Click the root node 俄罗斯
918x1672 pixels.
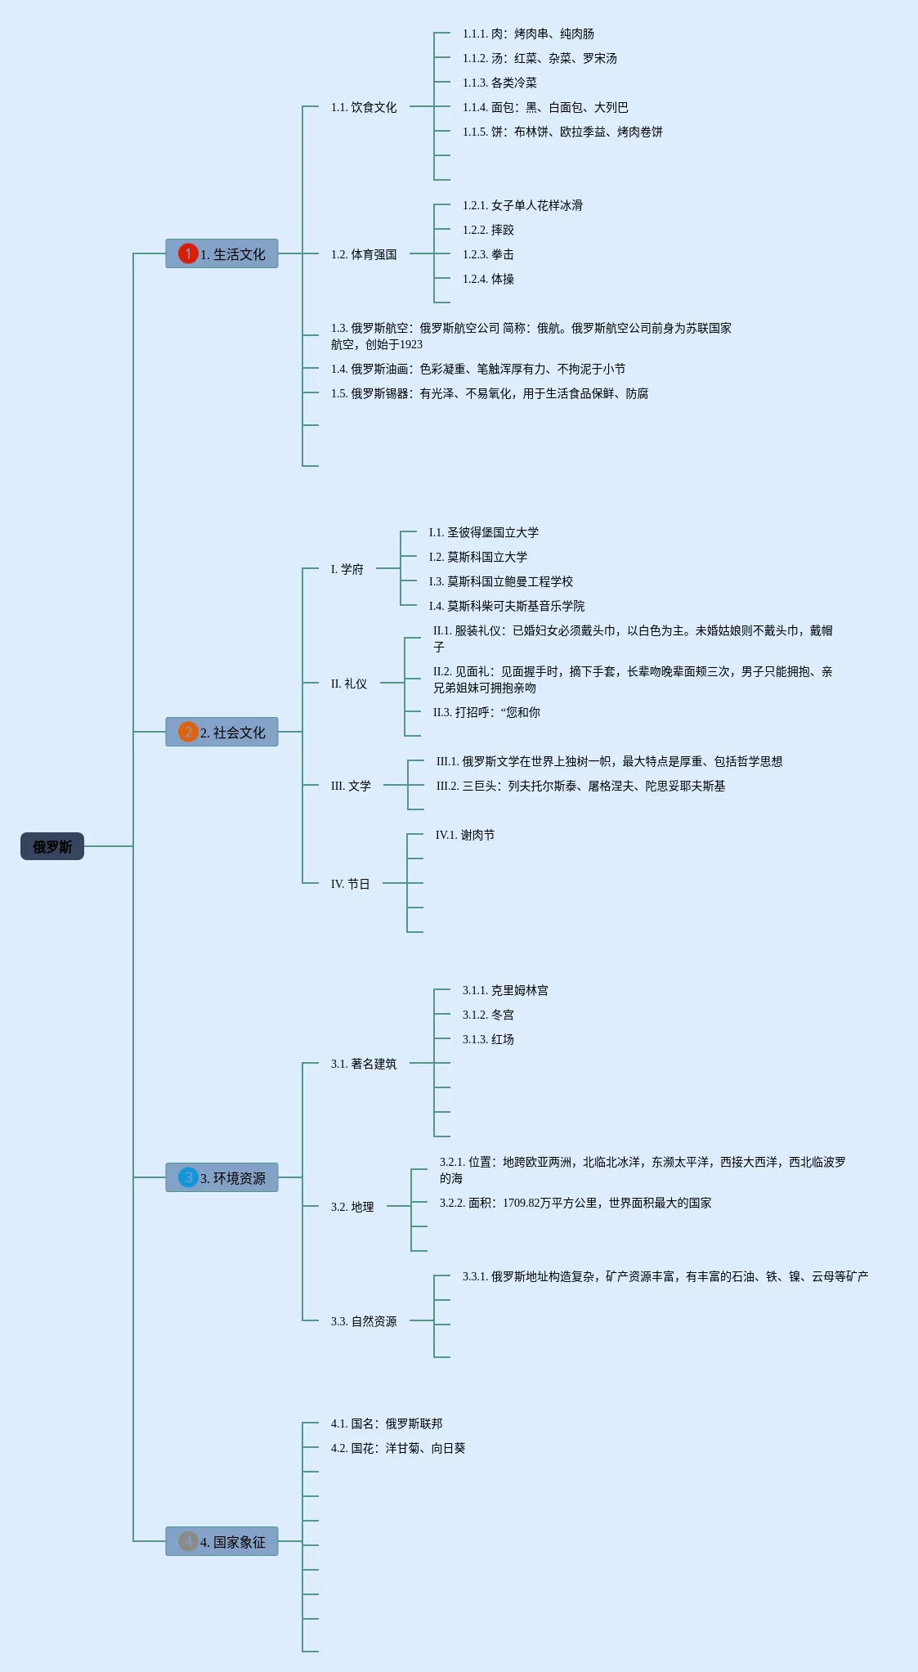(52, 846)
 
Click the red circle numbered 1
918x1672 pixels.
(188, 253)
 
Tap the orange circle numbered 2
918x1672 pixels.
(188, 732)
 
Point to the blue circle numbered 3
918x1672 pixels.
(188, 1177)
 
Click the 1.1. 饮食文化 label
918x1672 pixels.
(364, 107)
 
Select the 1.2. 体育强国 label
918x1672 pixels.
(364, 254)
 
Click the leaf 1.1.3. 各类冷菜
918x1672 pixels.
(499, 83)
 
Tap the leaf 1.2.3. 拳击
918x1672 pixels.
(488, 254)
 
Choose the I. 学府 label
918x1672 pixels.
(347, 569)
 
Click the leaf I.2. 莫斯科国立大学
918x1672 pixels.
(478, 557)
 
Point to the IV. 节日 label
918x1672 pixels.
(351, 884)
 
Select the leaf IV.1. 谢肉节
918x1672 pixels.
(465, 835)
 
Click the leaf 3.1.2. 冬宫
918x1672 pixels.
(488, 1015)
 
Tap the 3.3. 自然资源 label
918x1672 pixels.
(364, 1321)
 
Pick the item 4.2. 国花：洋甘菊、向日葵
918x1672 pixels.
(398, 1448)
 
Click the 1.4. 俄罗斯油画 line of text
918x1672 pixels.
(478, 369)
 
